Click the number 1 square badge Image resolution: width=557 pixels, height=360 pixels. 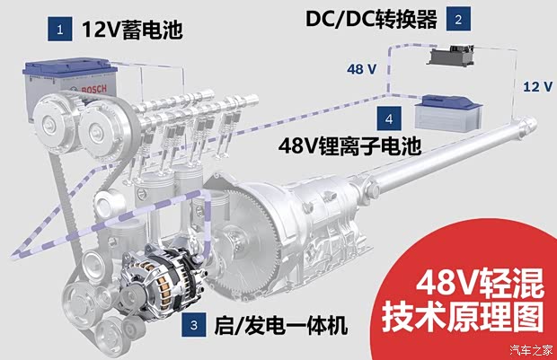pos(60,31)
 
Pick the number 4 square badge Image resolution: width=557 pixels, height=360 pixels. pos(388,118)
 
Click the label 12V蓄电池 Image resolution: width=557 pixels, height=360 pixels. pos(131,31)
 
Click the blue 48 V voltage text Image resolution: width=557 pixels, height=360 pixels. pos(361,68)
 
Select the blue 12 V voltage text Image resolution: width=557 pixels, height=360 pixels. pos(536,88)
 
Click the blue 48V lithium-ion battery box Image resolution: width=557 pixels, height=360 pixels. pos(441,115)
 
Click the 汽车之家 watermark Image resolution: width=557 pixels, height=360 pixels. pos(529,349)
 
